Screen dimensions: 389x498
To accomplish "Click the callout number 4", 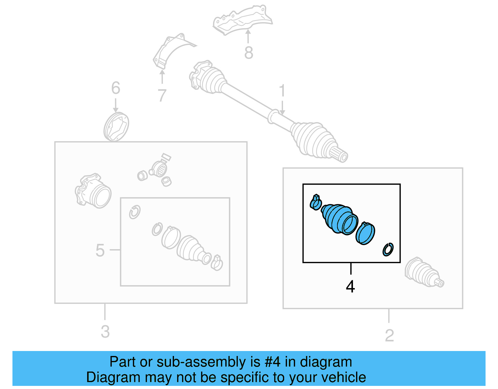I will tap(350, 287).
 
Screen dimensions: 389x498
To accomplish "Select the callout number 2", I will tap(389, 335).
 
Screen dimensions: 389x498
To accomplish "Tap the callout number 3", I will tap(105, 331).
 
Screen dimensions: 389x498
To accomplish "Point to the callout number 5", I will tap(100, 250).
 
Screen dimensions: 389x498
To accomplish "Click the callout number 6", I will tap(115, 88).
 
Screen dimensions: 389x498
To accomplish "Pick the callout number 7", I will tap(162, 95).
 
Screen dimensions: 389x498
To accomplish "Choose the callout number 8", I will tap(248, 53).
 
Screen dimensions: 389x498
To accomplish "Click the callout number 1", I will tap(282, 91).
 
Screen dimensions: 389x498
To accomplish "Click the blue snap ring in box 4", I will tap(388, 249).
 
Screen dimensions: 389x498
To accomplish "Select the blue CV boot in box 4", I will tap(340, 219).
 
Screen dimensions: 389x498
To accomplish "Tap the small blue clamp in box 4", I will tap(315, 202).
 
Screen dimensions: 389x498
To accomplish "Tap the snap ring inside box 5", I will tap(135, 212).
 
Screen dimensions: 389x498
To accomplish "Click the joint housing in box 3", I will tap(93, 191).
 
